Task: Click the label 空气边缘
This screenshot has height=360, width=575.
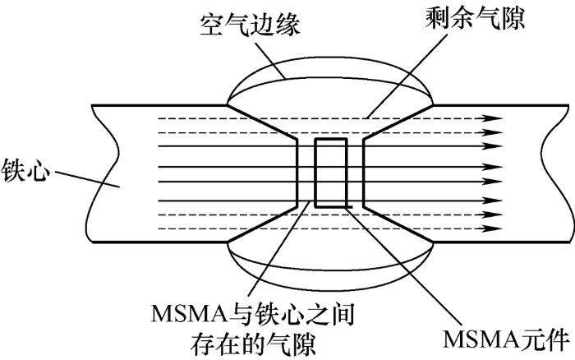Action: click(251, 25)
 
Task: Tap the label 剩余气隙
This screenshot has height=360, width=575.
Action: click(476, 18)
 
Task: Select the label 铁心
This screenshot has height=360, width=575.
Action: click(25, 171)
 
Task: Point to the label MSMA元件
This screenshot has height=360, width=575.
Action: click(506, 340)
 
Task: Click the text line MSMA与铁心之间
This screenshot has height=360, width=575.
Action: click(253, 315)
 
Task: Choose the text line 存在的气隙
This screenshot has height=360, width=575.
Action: click(253, 344)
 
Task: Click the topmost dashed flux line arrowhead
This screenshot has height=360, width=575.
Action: click(492, 118)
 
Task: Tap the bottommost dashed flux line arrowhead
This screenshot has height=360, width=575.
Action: click(492, 228)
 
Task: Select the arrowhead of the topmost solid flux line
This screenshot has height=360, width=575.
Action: click(492, 146)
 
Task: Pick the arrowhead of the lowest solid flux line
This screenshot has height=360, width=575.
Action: click(492, 201)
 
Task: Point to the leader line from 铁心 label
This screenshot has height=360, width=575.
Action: click(87, 179)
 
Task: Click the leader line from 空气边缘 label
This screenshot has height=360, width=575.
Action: click(270, 60)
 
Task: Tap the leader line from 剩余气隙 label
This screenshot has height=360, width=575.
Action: click(407, 76)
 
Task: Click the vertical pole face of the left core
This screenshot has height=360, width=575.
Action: click(297, 173)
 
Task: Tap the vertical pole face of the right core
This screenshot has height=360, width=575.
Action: click(363, 173)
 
